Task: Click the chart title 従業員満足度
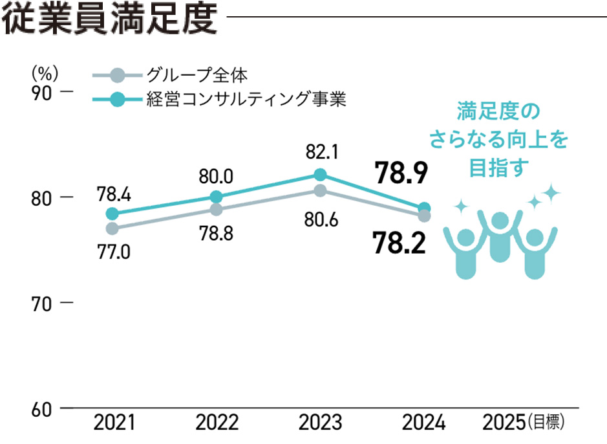point(109,19)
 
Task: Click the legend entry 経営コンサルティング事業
point(246,100)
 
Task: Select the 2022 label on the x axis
point(217,424)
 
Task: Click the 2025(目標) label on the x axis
point(524,424)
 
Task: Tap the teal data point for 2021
point(112,214)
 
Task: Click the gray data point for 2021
point(112,228)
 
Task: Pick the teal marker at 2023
point(319,175)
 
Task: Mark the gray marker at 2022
point(216,210)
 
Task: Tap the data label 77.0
point(114,250)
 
